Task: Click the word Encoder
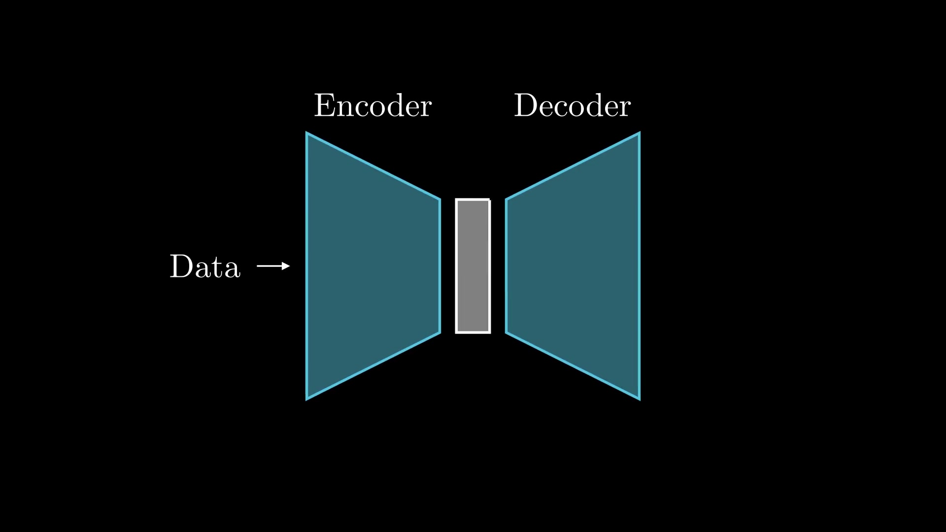(x=373, y=105)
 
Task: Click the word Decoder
(x=572, y=105)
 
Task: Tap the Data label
(x=205, y=266)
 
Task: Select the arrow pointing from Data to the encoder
(x=273, y=266)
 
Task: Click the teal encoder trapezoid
(x=373, y=266)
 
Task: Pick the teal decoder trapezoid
(x=573, y=266)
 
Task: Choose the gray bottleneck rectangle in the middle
(x=473, y=266)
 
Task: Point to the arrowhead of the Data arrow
(x=287, y=266)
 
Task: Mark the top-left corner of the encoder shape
(x=306, y=133)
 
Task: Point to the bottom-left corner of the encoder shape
(x=306, y=399)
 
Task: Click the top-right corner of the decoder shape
(x=640, y=133)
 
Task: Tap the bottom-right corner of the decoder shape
(x=640, y=399)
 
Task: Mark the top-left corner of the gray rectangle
(x=456, y=199)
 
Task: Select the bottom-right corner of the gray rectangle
(x=490, y=332)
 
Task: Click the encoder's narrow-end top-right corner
(x=440, y=199)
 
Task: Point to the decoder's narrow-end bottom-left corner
(x=506, y=332)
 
